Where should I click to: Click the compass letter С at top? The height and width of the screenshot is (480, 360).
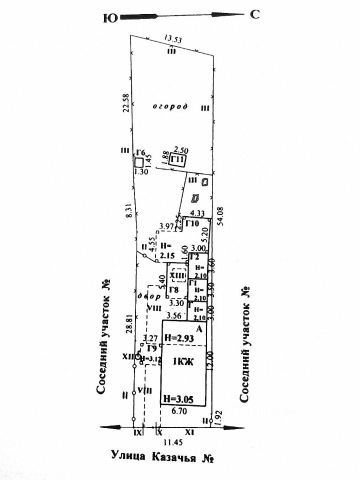[255, 14]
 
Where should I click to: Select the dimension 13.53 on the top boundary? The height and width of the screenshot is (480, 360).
[173, 38]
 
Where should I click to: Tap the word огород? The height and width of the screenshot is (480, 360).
[170, 107]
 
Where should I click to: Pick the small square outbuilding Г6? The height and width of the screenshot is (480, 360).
[138, 162]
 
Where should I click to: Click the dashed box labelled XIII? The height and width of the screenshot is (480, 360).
[177, 275]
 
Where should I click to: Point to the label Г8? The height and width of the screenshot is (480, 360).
[174, 290]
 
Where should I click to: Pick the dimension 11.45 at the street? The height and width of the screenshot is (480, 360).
[172, 442]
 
